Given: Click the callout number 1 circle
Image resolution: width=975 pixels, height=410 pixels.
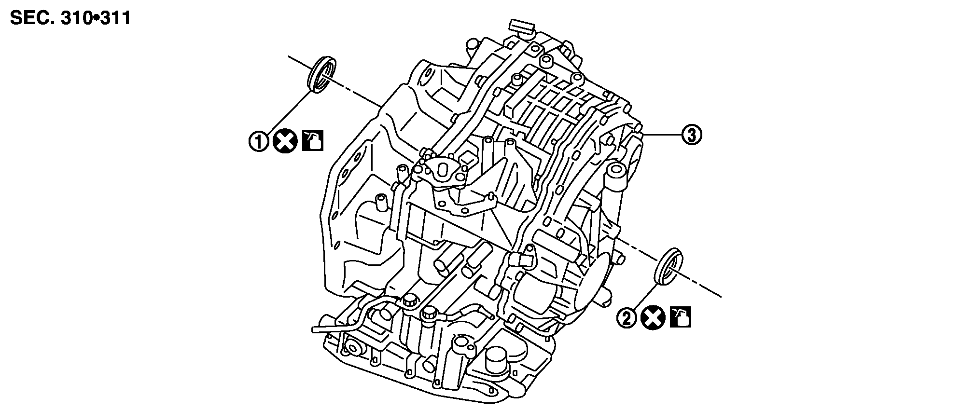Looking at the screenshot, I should pos(259,142).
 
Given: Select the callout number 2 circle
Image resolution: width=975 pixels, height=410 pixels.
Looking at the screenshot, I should pos(627,318).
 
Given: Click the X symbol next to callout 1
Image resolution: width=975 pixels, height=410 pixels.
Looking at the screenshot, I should pos(285,142).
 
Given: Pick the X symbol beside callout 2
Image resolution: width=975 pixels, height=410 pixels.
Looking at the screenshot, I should pos(654,318).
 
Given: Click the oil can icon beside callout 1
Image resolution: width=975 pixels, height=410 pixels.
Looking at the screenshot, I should pos(313,141).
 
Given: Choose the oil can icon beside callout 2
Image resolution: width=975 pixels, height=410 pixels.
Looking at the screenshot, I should pos(681,317).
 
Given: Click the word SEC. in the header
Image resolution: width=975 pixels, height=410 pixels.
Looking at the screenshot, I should pos(30,18).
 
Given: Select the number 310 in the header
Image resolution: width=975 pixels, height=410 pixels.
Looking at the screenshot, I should pos(76,18).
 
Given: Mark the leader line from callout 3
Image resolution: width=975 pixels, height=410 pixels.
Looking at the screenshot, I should pos(664,136).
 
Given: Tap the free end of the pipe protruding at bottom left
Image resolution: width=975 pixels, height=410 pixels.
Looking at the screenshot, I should pos(315,329).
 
